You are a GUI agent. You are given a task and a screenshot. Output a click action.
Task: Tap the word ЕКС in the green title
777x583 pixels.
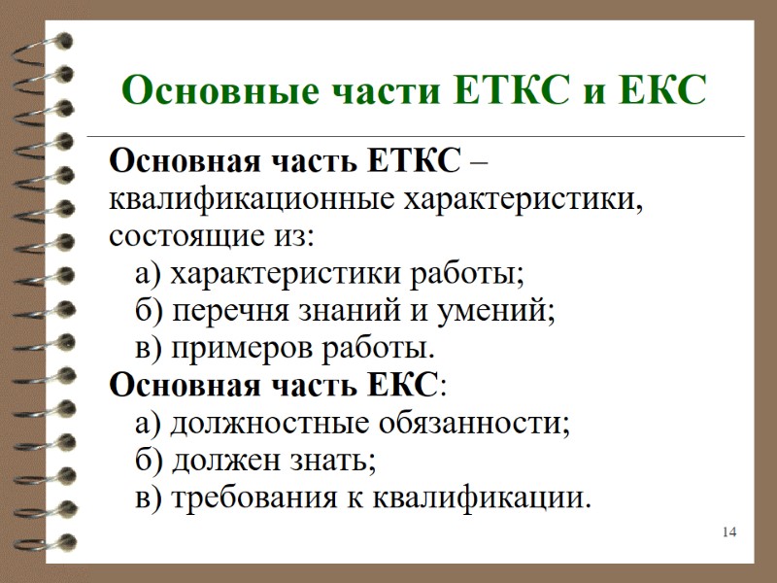(x=657, y=91)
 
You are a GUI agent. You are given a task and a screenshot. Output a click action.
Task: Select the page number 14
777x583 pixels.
(x=729, y=532)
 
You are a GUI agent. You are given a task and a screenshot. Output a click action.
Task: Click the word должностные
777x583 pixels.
(x=255, y=424)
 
